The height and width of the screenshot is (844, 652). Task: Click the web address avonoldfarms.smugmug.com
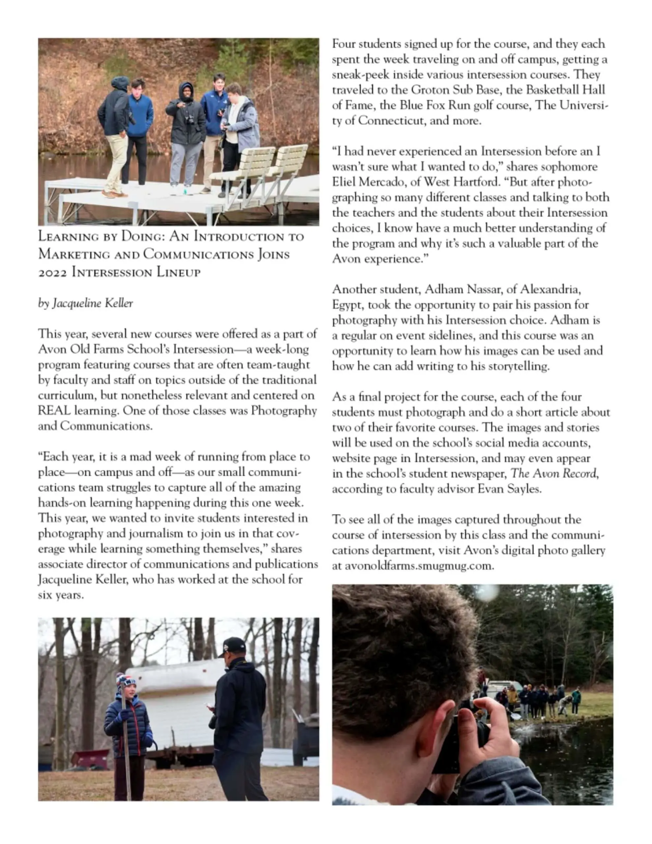tap(419, 566)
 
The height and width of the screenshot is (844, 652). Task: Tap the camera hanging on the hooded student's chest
tap(190, 120)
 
